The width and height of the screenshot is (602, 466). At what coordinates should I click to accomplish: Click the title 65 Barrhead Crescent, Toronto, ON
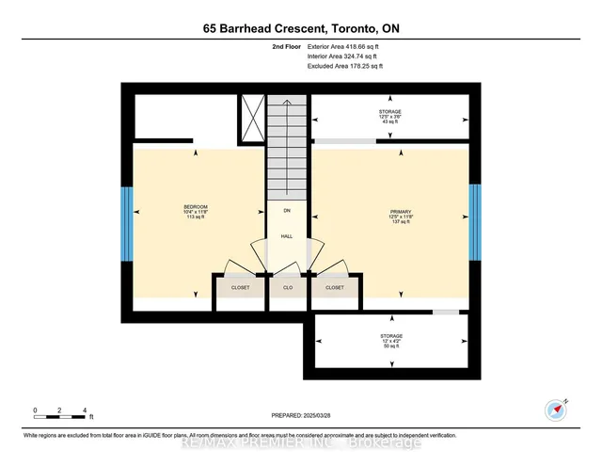point(300,28)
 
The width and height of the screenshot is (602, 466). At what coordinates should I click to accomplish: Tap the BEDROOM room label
point(195,207)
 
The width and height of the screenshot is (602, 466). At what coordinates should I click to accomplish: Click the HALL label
point(287,236)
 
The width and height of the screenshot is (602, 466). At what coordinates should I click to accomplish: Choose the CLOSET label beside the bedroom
point(239,287)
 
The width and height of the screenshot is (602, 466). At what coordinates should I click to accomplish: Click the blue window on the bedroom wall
point(126,224)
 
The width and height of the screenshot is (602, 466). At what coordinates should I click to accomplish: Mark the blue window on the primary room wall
point(475,224)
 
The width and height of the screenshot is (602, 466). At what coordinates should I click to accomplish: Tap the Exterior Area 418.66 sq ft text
point(345,45)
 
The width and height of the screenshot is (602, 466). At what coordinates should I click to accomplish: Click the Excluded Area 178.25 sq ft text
point(345,67)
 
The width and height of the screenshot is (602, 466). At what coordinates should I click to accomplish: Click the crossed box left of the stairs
point(252,120)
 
